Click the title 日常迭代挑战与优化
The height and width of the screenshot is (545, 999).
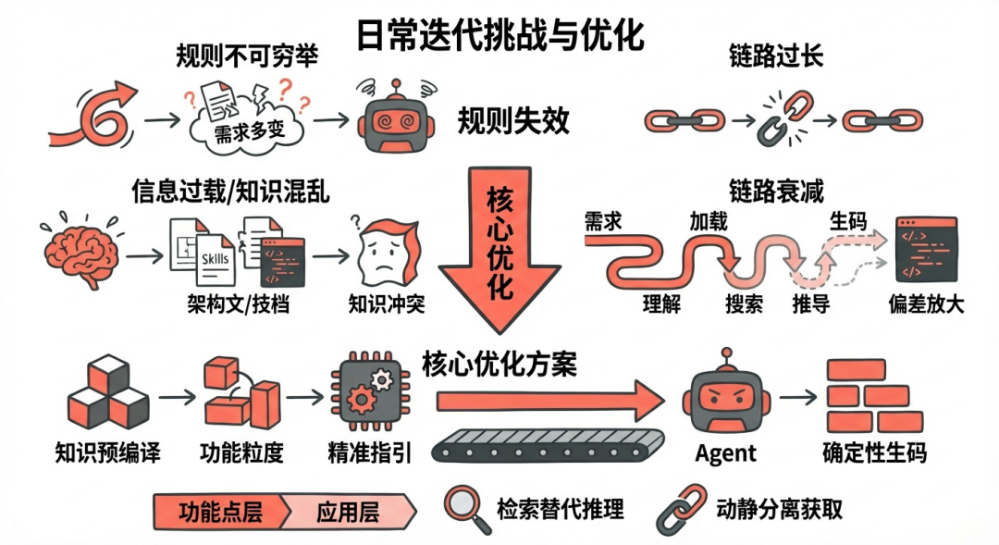(x=500, y=35)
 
